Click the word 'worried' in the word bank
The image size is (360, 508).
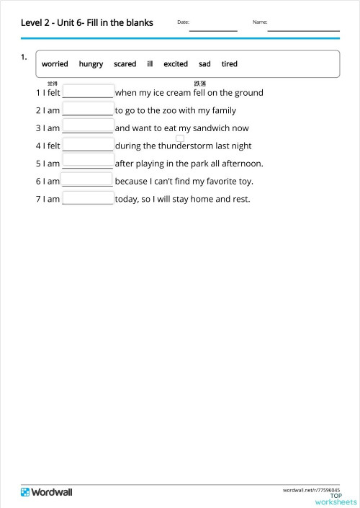point(55,64)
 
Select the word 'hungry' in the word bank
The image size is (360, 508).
point(91,64)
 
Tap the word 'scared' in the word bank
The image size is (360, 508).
point(125,64)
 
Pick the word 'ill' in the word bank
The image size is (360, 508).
point(150,64)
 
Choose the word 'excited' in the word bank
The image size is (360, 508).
point(176,64)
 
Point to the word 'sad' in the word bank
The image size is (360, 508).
point(204,64)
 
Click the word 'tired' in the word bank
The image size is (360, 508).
point(229,64)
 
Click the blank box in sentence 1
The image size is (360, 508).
point(89,92)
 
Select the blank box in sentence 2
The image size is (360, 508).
point(89,109)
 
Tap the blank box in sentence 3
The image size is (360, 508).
point(89,127)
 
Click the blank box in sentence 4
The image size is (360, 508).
point(89,144)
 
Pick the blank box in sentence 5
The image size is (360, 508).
point(89,162)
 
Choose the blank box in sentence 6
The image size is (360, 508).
point(87,180)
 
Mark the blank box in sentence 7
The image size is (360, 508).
point(89,198)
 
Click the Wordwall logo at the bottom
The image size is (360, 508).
point(47,491)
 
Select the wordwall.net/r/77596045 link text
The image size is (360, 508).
point(311,489)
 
